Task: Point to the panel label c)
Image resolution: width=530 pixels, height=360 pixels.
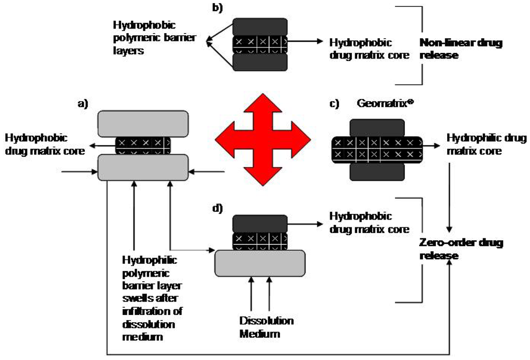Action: pyautogui.click(x=333, y=104)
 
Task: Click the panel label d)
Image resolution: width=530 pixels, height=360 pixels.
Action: pyautogui.click(x=217, y=209)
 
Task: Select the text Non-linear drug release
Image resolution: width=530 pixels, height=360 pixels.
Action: pyautogui.click(x=461, y=49)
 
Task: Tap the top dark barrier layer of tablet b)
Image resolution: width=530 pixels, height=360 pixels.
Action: pyautogui.click(x=260, y=26)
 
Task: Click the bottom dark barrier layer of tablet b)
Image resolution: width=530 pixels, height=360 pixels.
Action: pyautogui.click(x=260, y=63)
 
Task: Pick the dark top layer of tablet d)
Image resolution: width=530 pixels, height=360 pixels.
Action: pyautogui.click(x=260, y=223)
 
